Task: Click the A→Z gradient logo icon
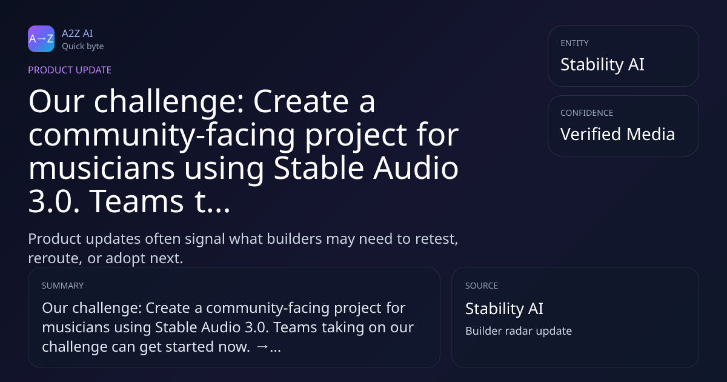[x=41, y=39]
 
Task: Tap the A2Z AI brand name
[x=78, y=33]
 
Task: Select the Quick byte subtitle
[x=83, y=47]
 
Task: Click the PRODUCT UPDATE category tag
[x=70, y=70]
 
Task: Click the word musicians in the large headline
[x=102, y=168]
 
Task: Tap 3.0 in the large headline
[x=54, y=201]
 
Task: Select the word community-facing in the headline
[x=162, y=135]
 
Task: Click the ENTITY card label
[x=574, y=43]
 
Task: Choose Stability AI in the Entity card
[x=602, y=64]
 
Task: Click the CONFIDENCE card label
[x=587, y=113]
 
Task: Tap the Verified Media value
[x=617, y=134]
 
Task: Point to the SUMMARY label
[x=62, y=286]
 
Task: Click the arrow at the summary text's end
[x=262, y=347]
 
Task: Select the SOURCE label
[x=482, y=286]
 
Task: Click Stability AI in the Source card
[x=504, y=308]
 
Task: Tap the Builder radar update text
[x=519, y=330]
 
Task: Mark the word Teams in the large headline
[x=136, y=201]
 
